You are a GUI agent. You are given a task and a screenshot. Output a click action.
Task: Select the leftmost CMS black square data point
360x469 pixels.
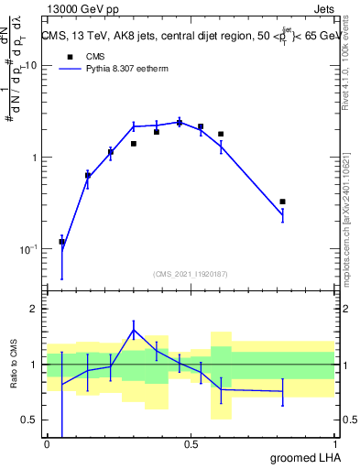pos(61,242)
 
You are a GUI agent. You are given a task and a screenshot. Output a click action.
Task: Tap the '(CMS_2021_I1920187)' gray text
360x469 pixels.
pos(190,273)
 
